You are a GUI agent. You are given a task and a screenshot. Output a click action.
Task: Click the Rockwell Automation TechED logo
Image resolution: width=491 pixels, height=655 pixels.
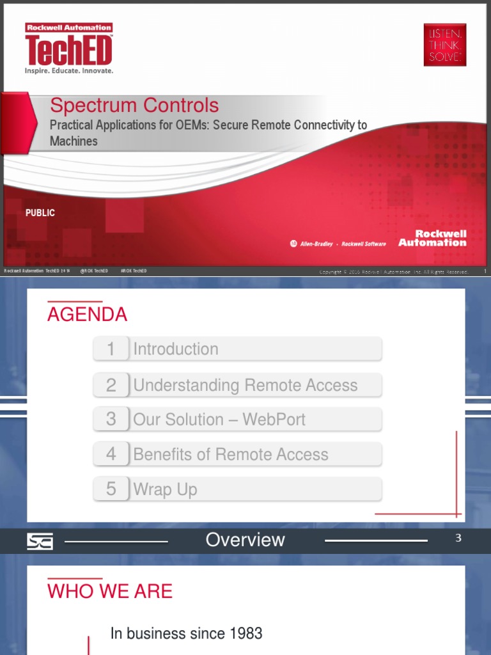69,49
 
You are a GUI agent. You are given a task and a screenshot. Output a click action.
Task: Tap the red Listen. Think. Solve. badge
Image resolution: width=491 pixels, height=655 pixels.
444,45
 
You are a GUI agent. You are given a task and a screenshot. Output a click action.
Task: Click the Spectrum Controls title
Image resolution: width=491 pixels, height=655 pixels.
134,106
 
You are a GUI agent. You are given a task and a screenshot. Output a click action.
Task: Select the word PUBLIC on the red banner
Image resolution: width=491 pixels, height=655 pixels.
40,213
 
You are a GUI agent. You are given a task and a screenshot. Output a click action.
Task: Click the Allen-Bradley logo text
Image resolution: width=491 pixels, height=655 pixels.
316,244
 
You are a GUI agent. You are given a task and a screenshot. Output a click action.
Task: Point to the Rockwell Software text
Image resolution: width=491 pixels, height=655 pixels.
364,244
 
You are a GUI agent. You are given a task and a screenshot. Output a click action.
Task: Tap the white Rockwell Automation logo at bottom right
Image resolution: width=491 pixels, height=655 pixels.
432,238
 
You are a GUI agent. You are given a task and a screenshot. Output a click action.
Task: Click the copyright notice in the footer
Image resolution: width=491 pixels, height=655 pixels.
394,272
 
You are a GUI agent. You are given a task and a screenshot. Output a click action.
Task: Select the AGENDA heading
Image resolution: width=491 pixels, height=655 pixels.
87,315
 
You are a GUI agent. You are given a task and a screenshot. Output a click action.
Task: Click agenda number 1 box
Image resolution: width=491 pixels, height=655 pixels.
111,349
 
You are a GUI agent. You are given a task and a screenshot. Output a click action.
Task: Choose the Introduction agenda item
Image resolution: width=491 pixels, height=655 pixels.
176,349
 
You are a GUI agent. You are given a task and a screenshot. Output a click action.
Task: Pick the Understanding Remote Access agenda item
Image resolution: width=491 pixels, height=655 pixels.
245,385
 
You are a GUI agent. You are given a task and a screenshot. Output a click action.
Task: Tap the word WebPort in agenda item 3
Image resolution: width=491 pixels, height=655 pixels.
274,420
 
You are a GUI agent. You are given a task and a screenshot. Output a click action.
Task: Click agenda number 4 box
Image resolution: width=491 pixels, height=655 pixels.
111,454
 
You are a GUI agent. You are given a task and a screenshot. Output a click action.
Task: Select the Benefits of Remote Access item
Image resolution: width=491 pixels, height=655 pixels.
231,454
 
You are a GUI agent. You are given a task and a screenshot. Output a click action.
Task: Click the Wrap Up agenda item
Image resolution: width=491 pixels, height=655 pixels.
166,489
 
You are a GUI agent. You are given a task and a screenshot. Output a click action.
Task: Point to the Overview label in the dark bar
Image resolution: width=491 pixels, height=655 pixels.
245,540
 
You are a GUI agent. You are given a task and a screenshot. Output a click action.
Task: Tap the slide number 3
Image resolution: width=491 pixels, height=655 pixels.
458,539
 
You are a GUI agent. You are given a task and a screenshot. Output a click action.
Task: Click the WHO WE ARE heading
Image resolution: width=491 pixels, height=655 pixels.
110,591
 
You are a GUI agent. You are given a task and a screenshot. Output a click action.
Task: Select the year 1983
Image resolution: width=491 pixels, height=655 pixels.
245,633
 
